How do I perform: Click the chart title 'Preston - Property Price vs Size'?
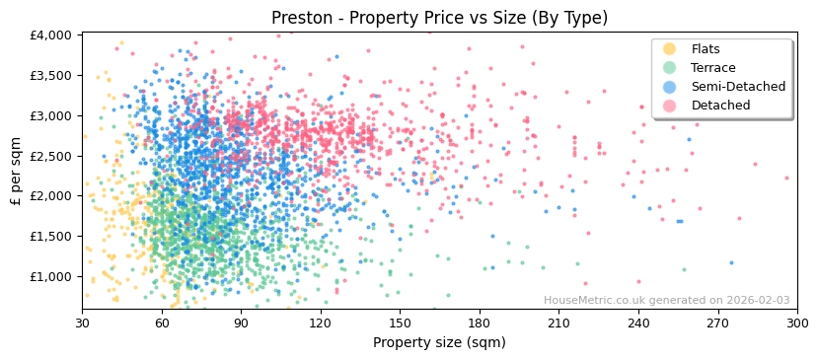439,18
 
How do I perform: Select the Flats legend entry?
706,49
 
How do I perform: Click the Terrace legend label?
713,68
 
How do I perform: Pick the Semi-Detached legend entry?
738,87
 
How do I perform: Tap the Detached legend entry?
720,106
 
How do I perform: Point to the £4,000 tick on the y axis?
51,36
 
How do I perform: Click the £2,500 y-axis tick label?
51,156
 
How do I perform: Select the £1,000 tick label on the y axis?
51,277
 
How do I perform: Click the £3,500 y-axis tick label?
51,76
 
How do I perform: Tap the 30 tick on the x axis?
82,323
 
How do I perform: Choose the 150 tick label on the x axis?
400,323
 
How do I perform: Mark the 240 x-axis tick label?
638,323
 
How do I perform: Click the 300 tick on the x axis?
796,323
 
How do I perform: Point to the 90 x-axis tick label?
241,323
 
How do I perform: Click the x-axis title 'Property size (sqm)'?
439,342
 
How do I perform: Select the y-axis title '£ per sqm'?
16,171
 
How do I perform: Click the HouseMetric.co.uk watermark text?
666,301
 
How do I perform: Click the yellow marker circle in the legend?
670,49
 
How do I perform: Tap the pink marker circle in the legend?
670,106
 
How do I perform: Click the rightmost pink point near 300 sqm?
786,179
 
